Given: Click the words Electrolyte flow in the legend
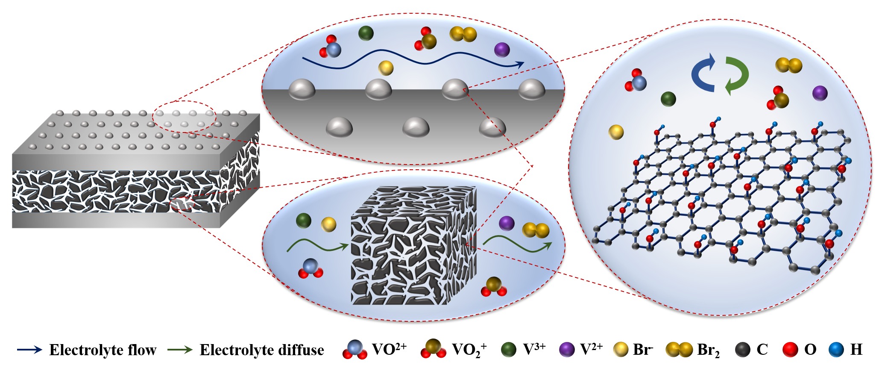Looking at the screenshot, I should tap(103, 350).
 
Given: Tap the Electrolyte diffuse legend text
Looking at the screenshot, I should tap(261, 350).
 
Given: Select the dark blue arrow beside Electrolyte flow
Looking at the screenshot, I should tap(29, 350).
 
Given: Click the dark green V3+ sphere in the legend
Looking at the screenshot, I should tap(509, 350).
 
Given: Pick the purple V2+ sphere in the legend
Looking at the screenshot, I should tap(567, 350).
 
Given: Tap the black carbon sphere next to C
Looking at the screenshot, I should tap(743, 350).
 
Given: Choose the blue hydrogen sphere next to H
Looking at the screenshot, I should tap(836, 350).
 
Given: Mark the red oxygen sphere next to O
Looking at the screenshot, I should tap(790, 350).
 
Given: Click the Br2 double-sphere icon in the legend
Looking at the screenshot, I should tap(679, 350).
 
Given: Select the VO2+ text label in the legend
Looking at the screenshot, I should tap(389, 349).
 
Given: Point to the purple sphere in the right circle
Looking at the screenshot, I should tap(820, 93).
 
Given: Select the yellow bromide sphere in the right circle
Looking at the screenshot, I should tap(616, 132).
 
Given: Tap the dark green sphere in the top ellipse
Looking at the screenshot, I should tap(366, 33).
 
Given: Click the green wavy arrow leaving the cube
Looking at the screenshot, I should tap(517, 244).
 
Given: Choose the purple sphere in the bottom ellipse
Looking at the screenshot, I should tap(507, 223).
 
